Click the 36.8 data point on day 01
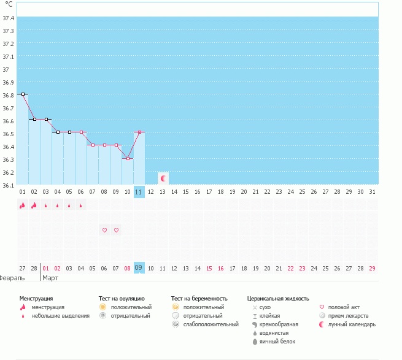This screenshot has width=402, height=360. [22, 94]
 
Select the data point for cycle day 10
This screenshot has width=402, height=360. [128, 158]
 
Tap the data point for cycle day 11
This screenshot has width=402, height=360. [139, 132]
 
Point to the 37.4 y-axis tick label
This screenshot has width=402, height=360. [9, 18]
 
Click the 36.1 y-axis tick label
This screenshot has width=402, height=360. [9, 185]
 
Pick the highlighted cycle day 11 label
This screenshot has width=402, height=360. [139, 192]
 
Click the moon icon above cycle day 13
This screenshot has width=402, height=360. [163, 178]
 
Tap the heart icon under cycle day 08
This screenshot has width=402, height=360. [104, 230]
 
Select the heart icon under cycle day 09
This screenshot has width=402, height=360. [116, 230]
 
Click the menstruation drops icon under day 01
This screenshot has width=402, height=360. [22, 205]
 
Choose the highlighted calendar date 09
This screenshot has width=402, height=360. [139, 268]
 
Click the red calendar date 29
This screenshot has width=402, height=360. [373, 268]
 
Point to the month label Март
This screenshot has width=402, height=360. [51, 278]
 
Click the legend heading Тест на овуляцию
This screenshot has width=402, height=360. [122, 298]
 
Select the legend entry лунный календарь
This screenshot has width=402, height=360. [352, 324]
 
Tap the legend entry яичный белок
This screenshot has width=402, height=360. [278, 341]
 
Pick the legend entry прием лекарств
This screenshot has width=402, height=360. [348, 316]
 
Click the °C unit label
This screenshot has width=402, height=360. [9, 4]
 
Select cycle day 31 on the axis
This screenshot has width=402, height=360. [373, 192]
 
